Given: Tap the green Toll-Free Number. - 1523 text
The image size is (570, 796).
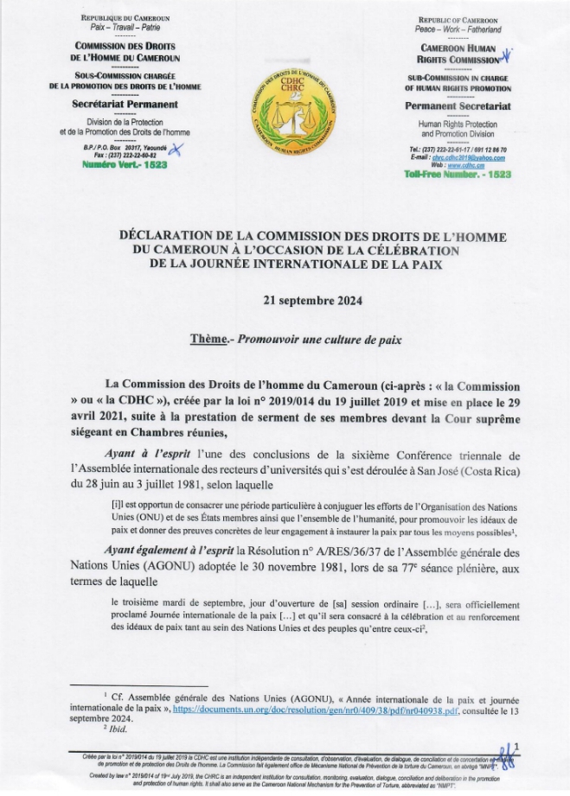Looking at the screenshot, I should pyautogui.click(x=457, y=174).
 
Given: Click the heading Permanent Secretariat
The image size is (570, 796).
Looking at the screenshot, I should pyautogui.click(x=458, y=105).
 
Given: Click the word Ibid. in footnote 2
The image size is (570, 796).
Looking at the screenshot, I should pyautogui.click(x=122, y=729).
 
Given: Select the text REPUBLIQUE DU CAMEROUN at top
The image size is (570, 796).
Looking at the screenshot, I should pyautogui.click(x=125, y=18).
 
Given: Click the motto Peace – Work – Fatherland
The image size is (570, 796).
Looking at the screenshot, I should pyautogui.click(x=457, y=29).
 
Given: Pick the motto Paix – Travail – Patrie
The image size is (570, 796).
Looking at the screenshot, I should pyautogui.click(x=125, y=29).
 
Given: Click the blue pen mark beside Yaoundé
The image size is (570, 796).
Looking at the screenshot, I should pyautogui.click(x=177, y=149).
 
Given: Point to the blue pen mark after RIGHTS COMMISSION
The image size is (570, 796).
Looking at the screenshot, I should pyautogui.click(x=509, y=58).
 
